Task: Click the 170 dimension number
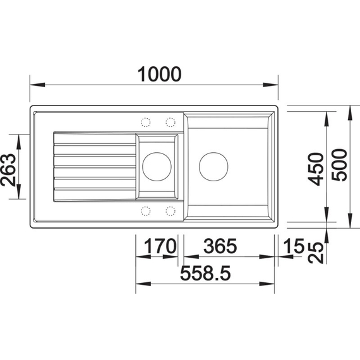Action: pyautogui.click(x=157, y=246)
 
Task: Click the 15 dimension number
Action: pyautogui.click(x=294, y=246)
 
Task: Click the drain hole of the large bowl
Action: pyautogui.click(x=213, y=166)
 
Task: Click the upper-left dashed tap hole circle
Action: pyautogui.click(x=145, y=122)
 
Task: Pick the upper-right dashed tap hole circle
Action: pyautogui.click(x=171, y=122)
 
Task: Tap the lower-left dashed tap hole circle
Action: pyautogui.click(x=145, y=210)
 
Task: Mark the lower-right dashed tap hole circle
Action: pyautogui.click(x=171, y=210)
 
